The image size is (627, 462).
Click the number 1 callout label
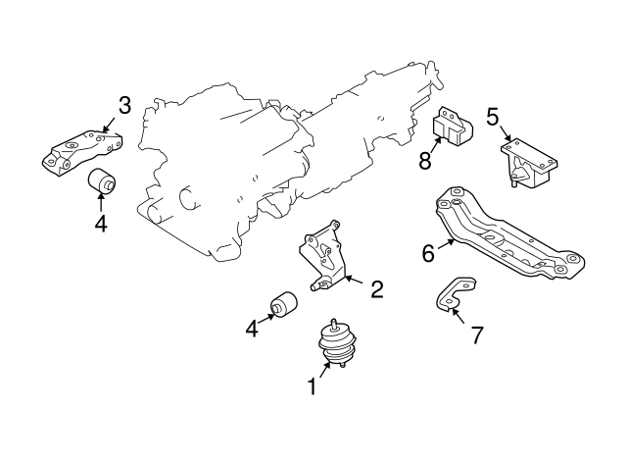point(312,387)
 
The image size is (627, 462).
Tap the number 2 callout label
point(376,289)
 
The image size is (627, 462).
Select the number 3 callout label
point(125,105)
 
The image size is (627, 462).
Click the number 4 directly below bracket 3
point(101,223)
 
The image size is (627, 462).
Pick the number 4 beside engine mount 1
point(252,329)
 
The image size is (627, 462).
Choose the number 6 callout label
point(428,254)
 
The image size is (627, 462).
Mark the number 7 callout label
point(476,335)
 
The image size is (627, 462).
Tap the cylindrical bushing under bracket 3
point(103,181)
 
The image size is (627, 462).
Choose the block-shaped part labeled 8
point(454,128)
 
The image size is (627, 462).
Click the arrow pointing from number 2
point(354,284)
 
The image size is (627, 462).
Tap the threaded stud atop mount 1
point(334,323)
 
